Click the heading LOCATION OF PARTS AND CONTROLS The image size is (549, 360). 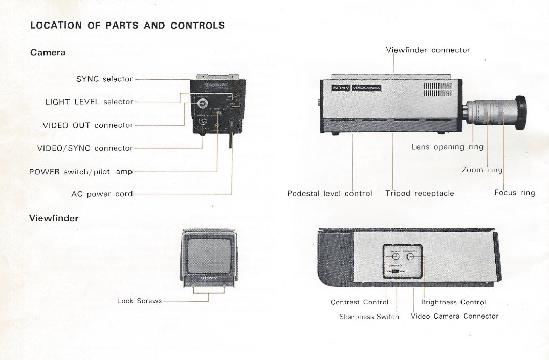click(127, 25)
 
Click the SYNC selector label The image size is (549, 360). click(104, 79)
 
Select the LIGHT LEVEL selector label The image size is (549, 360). click(89, 102)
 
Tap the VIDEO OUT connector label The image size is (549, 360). click(88, 125)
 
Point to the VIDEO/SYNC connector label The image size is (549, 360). click(85, 148)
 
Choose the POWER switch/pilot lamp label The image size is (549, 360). click(81, 171)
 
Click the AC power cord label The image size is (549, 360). click(102, 194)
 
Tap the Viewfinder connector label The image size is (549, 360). click(428, 50)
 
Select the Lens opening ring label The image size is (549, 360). click(447, 147)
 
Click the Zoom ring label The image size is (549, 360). click(482, 170)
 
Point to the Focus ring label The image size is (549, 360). click(514, 193)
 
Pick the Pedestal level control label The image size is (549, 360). click(330, 193)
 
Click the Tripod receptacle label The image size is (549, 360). click(420, 193)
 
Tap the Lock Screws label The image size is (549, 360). click(139, 301)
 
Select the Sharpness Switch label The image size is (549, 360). click(369, 317)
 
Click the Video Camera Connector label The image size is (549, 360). click(454, 316)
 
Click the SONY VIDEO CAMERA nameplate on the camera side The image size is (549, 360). click(356, 88)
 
